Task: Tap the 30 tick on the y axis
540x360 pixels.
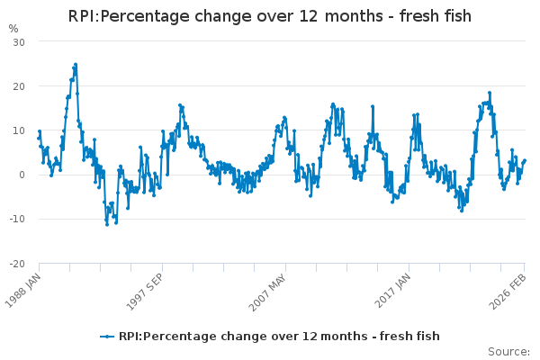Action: (19, 42)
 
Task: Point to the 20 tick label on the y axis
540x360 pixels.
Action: (19, 86)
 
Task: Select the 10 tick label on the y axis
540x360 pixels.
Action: (19, 130)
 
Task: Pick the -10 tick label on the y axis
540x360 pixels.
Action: (17, 219)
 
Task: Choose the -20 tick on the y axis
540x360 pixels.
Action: (17, 263)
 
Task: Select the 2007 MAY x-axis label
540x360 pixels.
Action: (270, 291)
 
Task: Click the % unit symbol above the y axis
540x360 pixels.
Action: (13, 28)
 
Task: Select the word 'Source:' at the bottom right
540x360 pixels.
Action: (508, 351)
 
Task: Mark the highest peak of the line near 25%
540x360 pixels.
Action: (76, 65)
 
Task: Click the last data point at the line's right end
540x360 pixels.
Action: (525, 160)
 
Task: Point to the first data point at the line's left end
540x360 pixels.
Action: (39, 138)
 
